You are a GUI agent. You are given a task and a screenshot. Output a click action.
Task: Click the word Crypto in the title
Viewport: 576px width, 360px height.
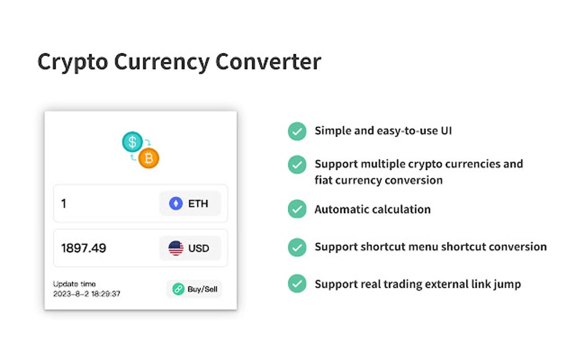point(72,62)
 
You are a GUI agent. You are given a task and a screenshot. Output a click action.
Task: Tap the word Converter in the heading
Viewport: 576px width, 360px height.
point(268,62)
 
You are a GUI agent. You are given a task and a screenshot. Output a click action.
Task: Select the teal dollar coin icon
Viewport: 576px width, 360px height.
point(132,142)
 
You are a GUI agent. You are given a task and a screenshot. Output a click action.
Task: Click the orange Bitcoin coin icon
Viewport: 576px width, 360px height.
point(149,159)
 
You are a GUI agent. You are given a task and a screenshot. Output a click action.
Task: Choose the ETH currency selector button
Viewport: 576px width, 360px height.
point(190,204)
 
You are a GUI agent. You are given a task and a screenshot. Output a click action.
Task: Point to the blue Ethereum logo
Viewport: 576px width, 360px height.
point(176,204)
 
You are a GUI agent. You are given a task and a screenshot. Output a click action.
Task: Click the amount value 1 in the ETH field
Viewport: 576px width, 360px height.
point(64,204)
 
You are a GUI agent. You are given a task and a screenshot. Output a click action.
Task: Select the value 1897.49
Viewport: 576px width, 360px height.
point(84,248)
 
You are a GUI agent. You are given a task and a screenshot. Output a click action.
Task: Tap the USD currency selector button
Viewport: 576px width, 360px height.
point(190,248)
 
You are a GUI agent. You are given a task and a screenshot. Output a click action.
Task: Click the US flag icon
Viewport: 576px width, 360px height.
point(176,248)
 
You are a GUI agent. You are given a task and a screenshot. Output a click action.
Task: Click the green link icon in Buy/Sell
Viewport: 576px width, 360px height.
point(178,289)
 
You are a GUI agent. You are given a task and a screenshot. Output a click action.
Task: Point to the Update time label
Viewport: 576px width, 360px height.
point(75,284)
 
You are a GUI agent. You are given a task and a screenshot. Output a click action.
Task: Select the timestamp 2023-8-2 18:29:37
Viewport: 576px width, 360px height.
point(86,294)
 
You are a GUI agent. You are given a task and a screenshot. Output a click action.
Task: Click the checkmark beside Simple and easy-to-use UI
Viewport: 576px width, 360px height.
point(297,131)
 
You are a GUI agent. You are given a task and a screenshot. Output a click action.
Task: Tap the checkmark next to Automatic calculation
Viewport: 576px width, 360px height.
point(297,209)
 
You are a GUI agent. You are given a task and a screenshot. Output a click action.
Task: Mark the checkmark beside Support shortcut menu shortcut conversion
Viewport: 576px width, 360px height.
point(297,247)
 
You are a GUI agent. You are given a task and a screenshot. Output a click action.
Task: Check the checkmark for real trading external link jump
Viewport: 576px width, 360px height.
point(297,283)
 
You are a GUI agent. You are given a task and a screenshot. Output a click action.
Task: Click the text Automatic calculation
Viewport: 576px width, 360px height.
point(372,209)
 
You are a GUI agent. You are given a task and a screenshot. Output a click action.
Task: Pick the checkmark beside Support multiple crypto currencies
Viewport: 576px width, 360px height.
point(297,164)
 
